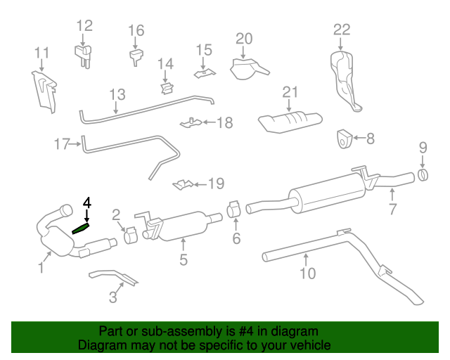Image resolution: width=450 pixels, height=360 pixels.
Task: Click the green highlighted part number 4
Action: click(82, 228)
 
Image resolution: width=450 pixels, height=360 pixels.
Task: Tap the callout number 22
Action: click(341, 30)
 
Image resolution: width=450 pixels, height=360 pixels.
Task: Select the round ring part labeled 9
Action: click(423, 174)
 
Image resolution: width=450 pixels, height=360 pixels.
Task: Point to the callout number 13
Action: click(117, 94)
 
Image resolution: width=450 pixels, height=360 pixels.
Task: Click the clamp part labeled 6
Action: click(236, 210)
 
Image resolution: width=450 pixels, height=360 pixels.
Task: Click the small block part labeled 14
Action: click(167, 87)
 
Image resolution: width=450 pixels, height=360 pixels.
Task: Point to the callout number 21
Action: click(290, 92)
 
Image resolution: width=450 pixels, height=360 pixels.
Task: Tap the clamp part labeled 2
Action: click(130, 234)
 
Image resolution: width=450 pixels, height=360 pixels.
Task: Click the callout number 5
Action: click(183, 260)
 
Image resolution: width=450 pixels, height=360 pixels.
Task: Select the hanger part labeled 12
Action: click(84, 54)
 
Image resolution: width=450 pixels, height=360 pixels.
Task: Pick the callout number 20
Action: click(243, 39)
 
